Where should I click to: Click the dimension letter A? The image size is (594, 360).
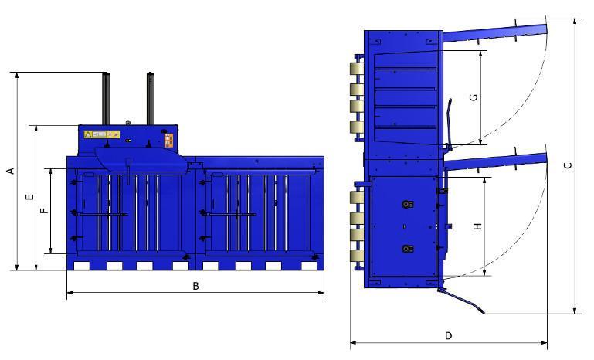(x=10, y=171)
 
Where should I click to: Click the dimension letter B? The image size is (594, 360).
(x=195, y=286)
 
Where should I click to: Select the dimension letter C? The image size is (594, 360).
(x=568, y=165)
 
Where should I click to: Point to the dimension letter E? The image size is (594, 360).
(x=29, y=198)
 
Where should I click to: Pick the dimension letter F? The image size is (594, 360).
(x=45, y=209)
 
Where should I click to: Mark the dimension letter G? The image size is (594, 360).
(x=474, y=97)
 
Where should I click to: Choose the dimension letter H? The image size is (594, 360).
(x=477, y=226)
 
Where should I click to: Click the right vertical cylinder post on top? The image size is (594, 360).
(x=151, y=98)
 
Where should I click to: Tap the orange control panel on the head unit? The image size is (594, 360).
(x=168, y=139)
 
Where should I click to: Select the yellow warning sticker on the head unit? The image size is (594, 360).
(x=102, y=134)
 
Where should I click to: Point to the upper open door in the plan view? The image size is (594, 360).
(x=494, y=32)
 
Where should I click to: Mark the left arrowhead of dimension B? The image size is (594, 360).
(x=70, y=293)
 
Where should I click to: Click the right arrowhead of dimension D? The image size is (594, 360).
(x=545, y=342)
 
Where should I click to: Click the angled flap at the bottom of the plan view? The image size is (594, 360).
(x=461, y=301)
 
